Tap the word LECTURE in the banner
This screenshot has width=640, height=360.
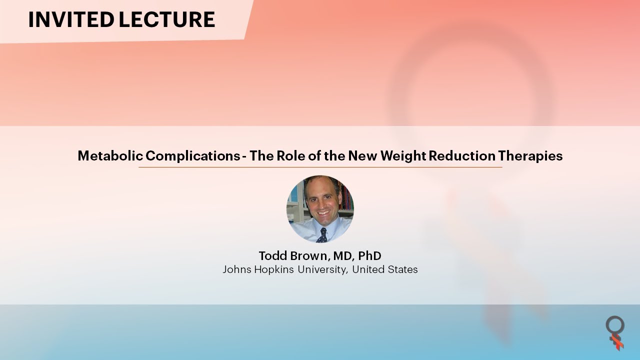click(167, 19)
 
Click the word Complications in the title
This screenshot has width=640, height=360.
click(193, 156)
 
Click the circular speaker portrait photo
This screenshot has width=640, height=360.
click(320, 209)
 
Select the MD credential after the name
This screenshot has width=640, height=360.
click(343, 256)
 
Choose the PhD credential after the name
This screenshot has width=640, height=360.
click(369, 256)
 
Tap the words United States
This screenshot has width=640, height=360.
click(385, 269)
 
